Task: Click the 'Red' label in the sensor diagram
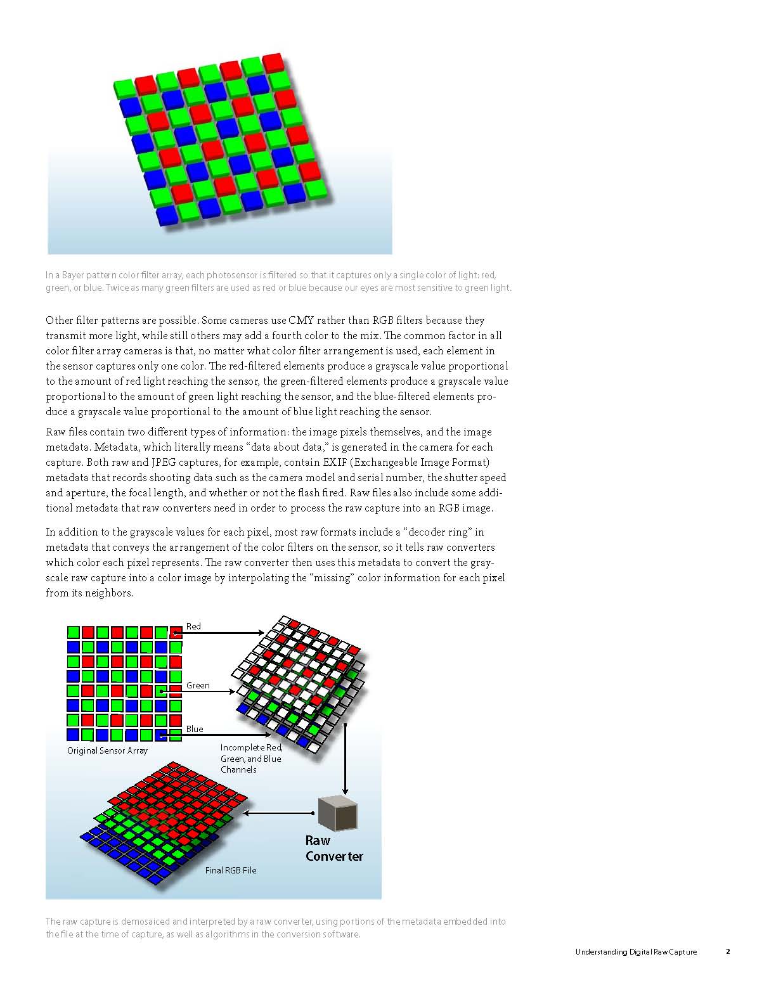[x=193, y=626]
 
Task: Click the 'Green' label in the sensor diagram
[x=198, y=685]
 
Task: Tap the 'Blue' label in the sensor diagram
[x=195, y=729]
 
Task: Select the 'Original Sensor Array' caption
[x=107, y=750]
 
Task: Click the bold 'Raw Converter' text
[x=333, y=848]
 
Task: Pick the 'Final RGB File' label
[x=231, y=870]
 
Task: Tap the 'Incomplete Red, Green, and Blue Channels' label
[x=250, y=758]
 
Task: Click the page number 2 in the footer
[x=728, y=951]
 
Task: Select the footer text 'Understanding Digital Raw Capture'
[x=636, y=951]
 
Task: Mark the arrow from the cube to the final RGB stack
[x=279, y=813]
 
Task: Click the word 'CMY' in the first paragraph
[x=301, y=320]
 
